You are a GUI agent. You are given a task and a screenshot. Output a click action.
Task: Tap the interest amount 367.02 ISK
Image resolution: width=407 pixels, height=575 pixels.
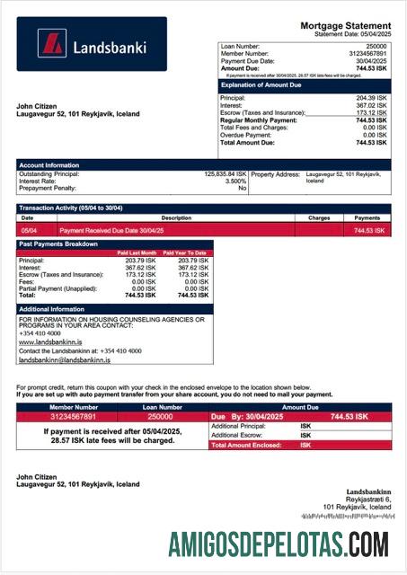pos(372,104)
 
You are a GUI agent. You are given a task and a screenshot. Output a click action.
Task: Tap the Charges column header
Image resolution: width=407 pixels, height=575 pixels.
pos(319,217)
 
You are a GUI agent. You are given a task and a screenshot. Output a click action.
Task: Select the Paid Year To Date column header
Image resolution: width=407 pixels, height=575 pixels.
pos(188,253)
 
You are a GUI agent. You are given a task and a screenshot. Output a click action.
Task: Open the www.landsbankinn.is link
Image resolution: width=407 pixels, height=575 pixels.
pos(50,342)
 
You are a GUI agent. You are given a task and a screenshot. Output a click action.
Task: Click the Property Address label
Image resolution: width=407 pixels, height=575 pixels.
pos(275,173)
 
